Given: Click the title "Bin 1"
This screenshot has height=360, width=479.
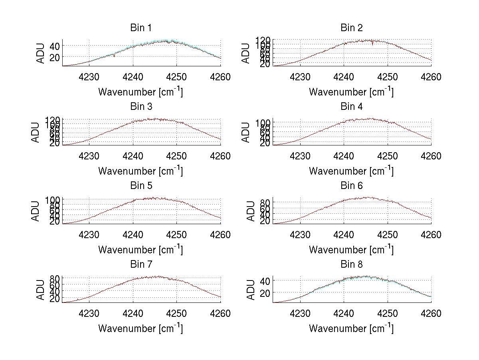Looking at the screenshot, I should click(x=141, y=28).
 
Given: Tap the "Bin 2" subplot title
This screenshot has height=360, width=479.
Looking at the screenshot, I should click(x=351, y=28).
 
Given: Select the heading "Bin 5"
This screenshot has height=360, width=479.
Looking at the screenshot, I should click(x=141, y=186).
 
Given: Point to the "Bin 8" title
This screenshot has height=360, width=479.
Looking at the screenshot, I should click(x=351, y=265).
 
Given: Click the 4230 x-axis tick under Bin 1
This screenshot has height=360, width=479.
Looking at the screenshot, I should click(x=89, y=77).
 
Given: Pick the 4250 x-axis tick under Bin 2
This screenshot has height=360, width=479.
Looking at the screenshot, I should click(x=387, y=77).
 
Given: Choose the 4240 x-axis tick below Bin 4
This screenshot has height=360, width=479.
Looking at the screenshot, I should click(x=343, y=156).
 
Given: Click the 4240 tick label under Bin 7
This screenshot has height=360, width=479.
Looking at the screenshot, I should click(x=133, y=313).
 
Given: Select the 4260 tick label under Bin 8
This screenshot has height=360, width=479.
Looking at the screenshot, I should click(x=431, y=313).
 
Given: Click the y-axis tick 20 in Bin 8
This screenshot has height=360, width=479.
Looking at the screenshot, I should click(x=265, y=293).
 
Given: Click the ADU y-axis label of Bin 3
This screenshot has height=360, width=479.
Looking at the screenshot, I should click(x=36, y=132).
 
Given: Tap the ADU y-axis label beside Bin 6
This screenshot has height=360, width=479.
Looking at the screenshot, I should click(x=246, y=211).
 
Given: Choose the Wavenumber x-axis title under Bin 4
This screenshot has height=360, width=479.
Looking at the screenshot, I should click(x=351, y=171).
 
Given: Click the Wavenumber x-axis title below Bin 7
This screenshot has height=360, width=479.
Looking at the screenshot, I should click(x=141, y=328).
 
